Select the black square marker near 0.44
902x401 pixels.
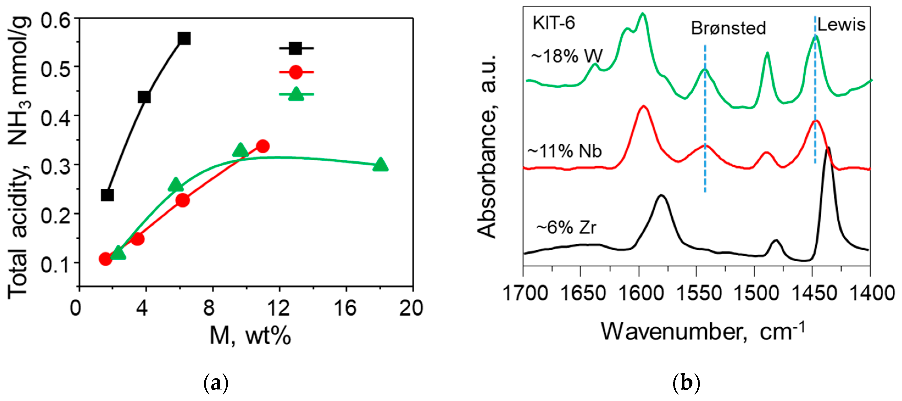click(x=144, y=97)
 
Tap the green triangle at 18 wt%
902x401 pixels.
click(x=381, y=164)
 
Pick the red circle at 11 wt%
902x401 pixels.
click(x=263, y=146)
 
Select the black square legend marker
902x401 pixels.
click(x=296, y=48)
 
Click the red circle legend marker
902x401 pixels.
click(x=296, y=72)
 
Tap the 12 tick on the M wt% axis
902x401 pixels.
click(x=279, y=308)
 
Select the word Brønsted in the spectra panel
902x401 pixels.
click(x=728, y=28)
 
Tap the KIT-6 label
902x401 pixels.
click(x=554, y=23)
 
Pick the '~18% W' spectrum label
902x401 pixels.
click(x=567, y=56)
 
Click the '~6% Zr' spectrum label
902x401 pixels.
click(x=566, y=228)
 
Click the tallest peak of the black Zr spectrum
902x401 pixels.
click(x=828, y=149)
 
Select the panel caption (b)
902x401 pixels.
click(x=686, y=383)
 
